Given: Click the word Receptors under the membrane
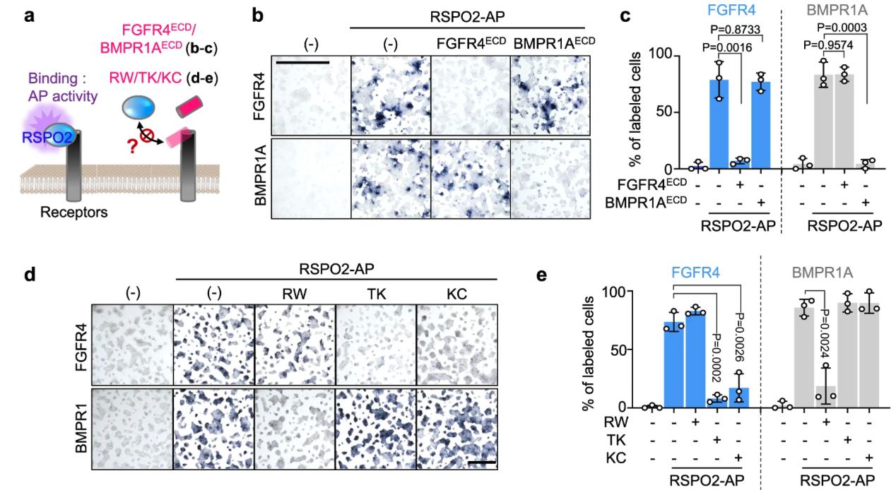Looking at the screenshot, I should (x=74, y=211).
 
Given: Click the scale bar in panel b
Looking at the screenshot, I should (x=303, y=62).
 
